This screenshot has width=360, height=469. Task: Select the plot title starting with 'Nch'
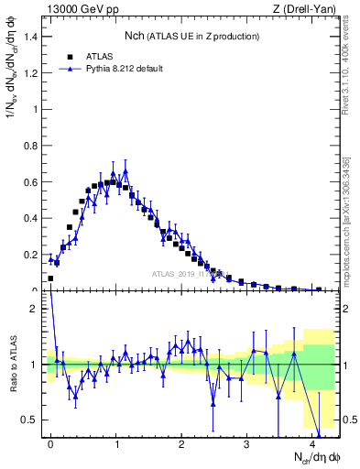pos(192,36)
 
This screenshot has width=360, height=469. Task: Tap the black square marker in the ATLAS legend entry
pos(69,55)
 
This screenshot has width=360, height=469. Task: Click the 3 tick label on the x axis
pos(247,443)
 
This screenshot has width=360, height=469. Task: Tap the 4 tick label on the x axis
pos(312,443)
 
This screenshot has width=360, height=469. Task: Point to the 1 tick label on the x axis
pos(116,443)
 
